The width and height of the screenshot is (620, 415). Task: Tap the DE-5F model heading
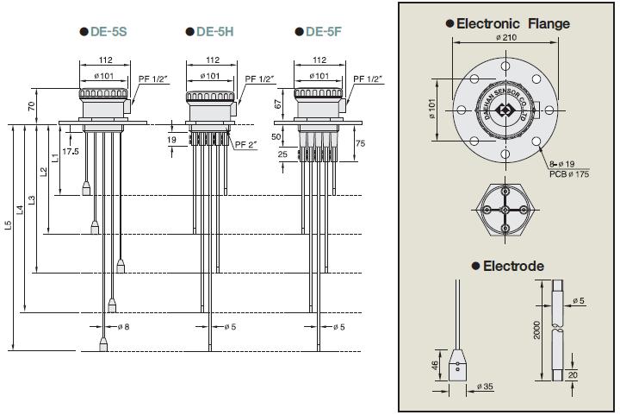point(323,32)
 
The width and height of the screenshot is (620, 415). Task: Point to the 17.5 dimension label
point(71,151)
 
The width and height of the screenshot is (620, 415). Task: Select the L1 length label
point(55,157)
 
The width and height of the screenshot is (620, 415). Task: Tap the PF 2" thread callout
point(247,145)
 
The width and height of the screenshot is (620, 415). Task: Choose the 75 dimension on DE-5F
point(360,143)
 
